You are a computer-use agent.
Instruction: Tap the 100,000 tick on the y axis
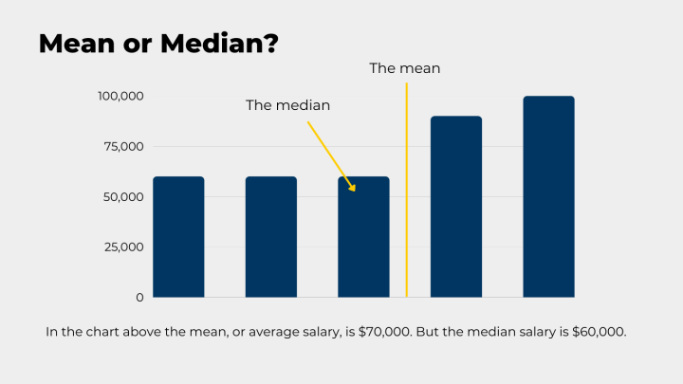tap(120, 96)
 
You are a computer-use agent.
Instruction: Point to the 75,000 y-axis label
tap(122, 146)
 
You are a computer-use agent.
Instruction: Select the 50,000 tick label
tap(122, 196)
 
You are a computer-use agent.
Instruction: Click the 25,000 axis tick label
tap(122, 247)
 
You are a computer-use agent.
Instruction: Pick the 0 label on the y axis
tap(138, 297)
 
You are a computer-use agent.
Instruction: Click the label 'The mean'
tap(404, 68)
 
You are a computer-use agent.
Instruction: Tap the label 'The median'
tap(287, 105)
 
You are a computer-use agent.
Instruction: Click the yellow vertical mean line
tap(406, 190)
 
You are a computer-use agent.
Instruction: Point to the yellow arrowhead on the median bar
tap(351, 187)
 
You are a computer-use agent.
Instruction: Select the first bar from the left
tap(178, 237)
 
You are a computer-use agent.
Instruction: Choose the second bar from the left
tap(270, 237)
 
